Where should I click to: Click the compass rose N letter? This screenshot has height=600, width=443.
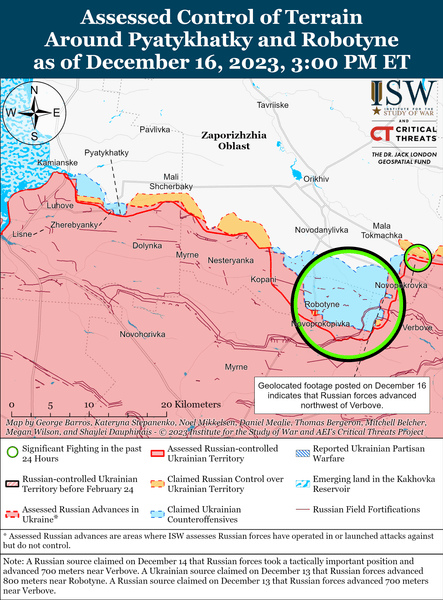(34, 89)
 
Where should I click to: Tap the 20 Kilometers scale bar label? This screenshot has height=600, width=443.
(178, 403)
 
